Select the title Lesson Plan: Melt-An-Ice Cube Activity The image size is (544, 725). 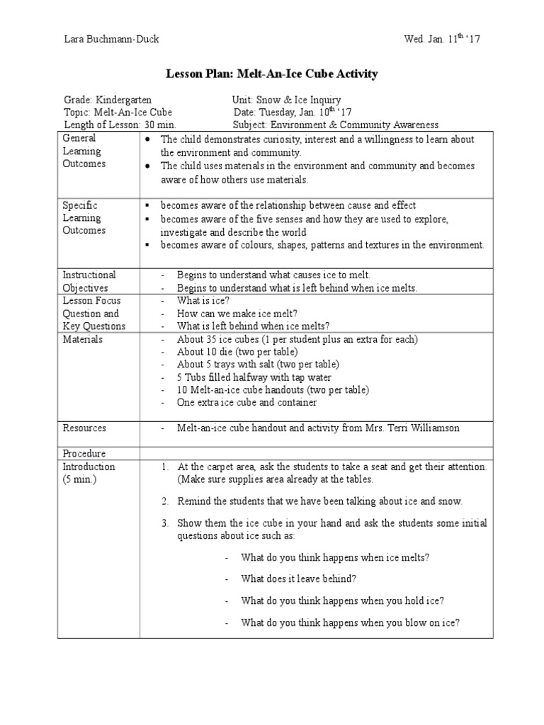pos(272,74)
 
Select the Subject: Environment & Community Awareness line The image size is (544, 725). pos(335,125)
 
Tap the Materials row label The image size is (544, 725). pos(82,339)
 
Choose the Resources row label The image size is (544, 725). pos(84,428)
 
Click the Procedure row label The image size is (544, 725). pos(84,453)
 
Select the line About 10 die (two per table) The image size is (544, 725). pos(237,352)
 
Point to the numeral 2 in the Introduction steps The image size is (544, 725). pos(164,501)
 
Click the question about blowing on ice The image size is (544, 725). pos(350,623)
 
